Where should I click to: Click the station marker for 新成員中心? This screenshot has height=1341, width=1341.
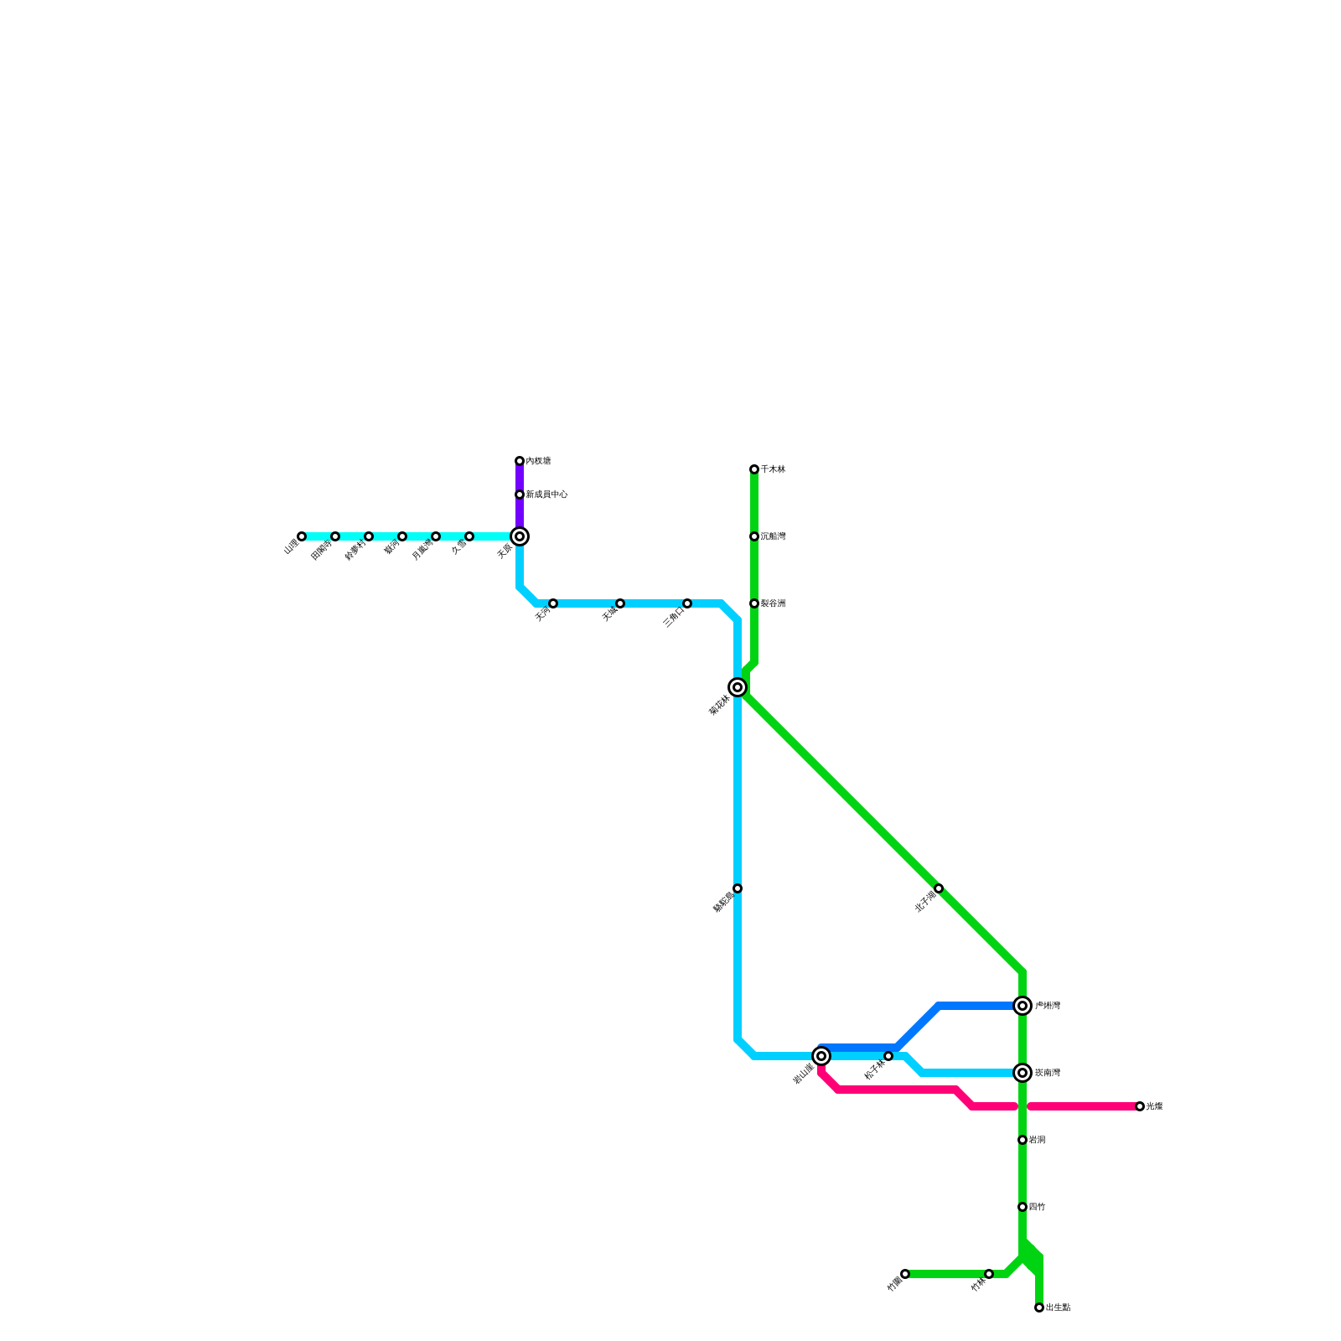click(520, 494)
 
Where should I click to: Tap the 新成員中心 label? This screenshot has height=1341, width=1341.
click(546, 494)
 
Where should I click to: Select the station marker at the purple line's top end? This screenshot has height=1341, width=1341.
click(520, 461)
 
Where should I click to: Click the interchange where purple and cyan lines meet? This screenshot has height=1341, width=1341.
click(520, 536)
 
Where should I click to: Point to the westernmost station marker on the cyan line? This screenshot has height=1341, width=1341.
click(302, 536)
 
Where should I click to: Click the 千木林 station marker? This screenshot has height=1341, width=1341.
click(754, 469)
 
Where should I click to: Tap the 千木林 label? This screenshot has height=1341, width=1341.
click(773, 469)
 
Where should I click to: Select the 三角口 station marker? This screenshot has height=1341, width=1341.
click(687, 603)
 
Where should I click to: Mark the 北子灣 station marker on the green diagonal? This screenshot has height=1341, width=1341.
click(939, 888)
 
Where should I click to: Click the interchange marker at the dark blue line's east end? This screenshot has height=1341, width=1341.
click(1023, 1006)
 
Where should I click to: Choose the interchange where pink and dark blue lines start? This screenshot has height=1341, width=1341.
click(821, 1056)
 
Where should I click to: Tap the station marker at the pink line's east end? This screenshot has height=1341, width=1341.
click(1140, 1106)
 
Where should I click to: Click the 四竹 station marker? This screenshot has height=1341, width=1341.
click(1023, 1207)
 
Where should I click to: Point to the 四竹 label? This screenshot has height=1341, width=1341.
click(1037, 1207)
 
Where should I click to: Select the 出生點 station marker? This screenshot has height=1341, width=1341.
click(1039, 1307)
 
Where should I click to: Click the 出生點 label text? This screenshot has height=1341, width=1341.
click(1058, 1307)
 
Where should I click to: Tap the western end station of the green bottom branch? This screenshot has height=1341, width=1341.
click(905, 1274)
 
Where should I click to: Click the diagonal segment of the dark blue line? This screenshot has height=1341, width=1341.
click(918, 1027)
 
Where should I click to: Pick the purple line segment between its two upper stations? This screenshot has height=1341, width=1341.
click(520, 478)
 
